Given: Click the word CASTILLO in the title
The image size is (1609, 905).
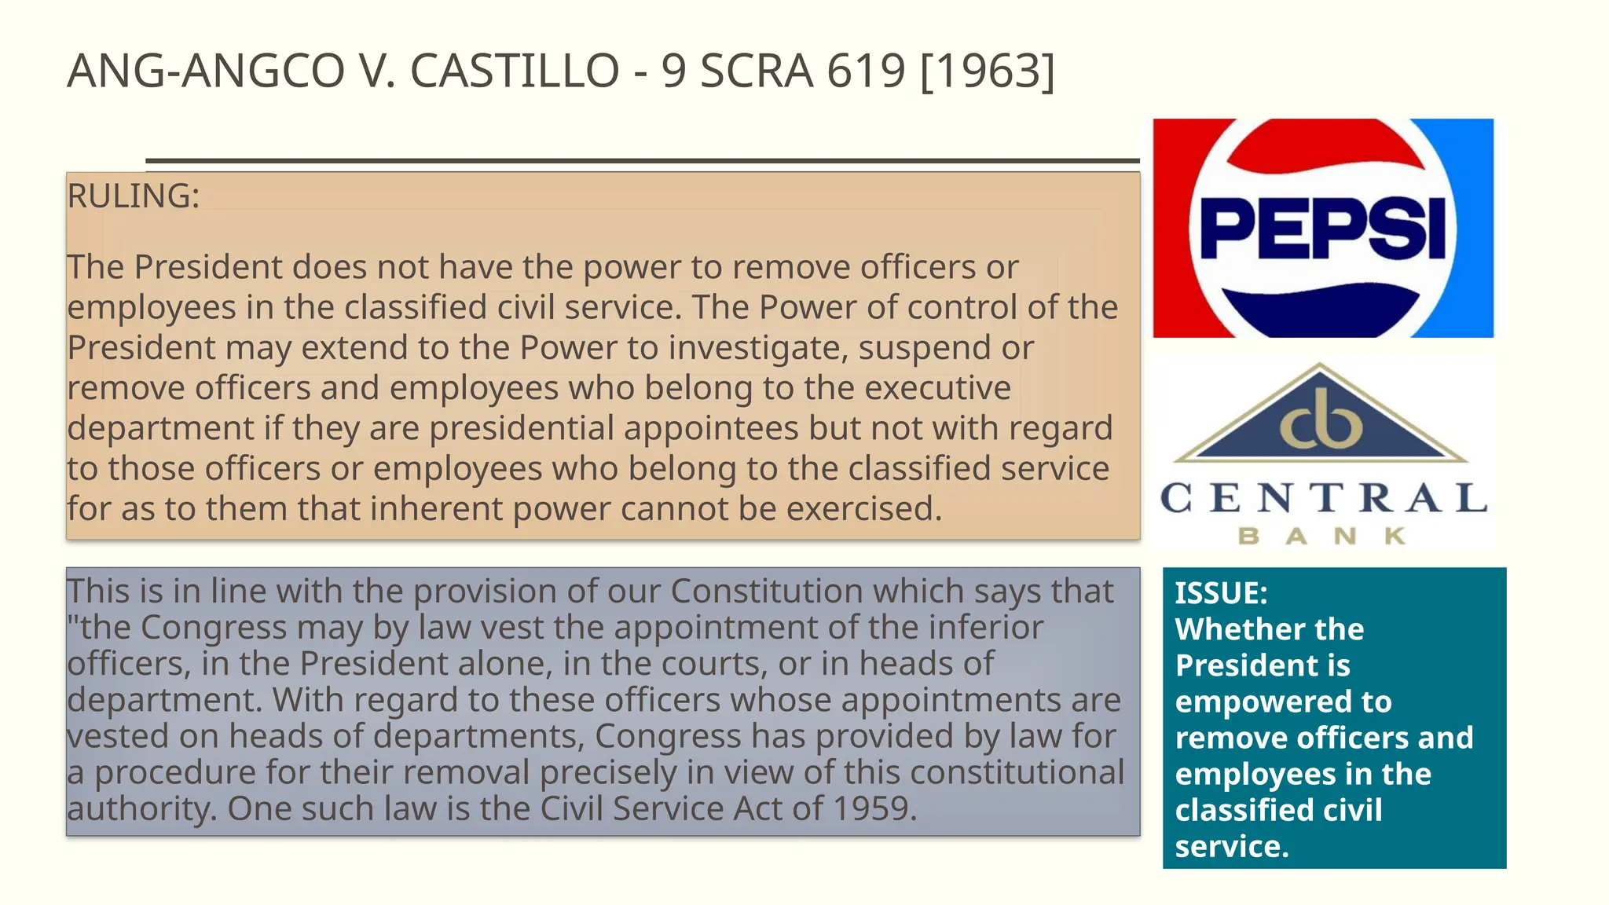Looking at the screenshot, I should click(515, 71).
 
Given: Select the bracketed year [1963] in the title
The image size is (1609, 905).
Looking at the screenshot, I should click(987, 71).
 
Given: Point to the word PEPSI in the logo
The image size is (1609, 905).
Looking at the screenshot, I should click(1323, 229).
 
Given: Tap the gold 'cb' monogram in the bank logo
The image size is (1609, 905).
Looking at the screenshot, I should click(1321, 420).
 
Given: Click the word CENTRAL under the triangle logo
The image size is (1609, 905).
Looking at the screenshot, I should click(1324, 498).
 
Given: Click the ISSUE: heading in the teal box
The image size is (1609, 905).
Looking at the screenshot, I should click(1221, 593).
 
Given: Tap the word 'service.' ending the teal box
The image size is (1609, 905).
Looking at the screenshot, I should click(1232, 847).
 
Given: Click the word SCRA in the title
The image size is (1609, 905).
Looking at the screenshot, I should click(756, 71).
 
